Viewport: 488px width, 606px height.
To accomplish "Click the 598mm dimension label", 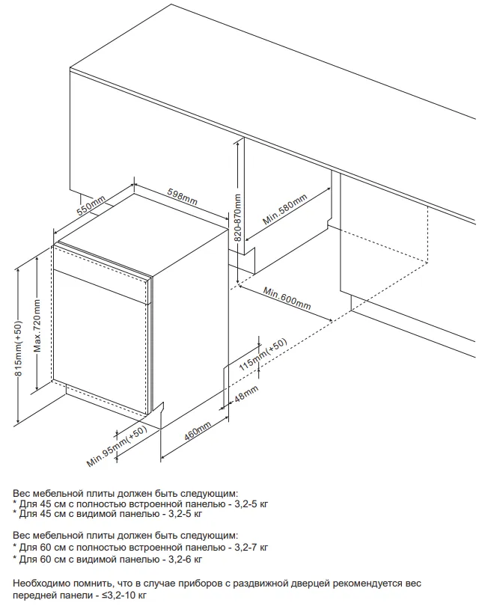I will [x=182, y=198].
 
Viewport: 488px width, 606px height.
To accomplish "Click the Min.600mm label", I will [x=287, y=297].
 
